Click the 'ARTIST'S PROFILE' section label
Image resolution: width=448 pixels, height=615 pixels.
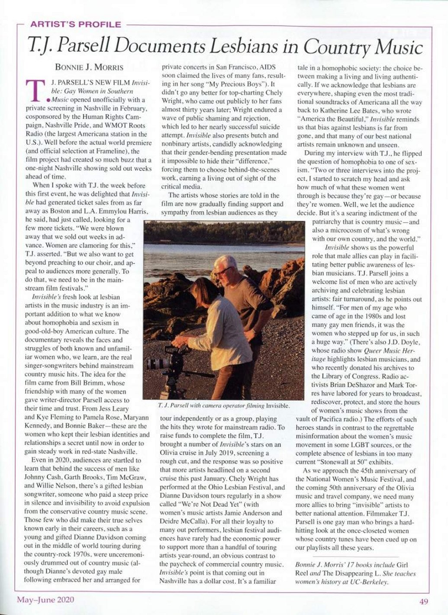[75, 25]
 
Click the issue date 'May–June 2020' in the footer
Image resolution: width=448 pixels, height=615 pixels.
[45, 600]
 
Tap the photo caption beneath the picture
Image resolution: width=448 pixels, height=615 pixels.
[224, 406]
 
